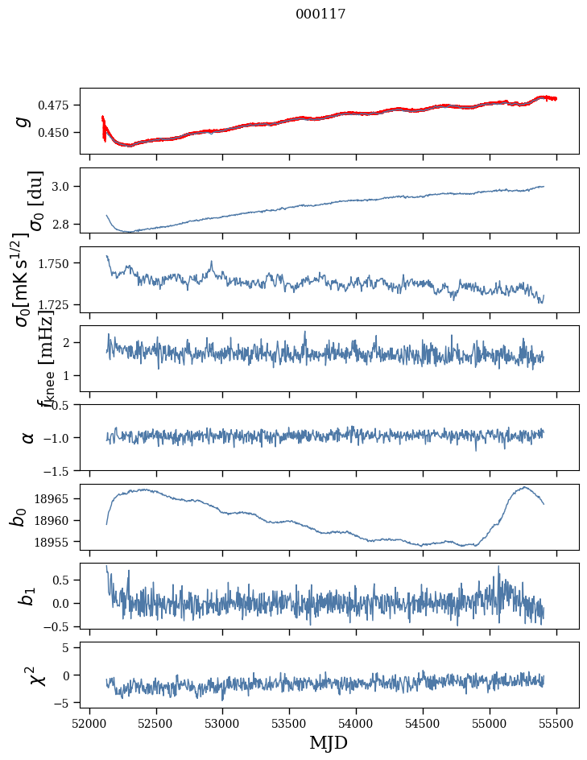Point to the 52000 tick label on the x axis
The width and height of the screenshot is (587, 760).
tap(89, 722)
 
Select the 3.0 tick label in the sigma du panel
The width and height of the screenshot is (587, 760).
tap(64, 187)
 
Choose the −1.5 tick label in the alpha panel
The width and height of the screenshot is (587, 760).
tap(59, 470)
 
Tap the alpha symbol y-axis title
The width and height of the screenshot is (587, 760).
tap(28, 437)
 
